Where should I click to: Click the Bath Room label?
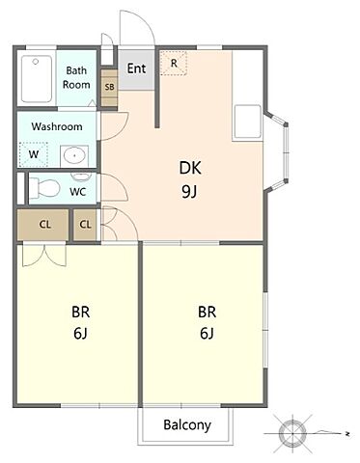(76, 77)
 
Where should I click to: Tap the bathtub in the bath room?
(37, 79)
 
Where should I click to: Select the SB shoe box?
(109, 87)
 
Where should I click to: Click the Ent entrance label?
(136, 68)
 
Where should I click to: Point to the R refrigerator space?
(174, 64)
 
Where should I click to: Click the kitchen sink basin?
(248, 122)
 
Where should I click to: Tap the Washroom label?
(57, 126)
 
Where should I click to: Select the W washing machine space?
(34, 154)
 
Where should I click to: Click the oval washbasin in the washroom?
(74, 156)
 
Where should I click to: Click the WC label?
(78, 192)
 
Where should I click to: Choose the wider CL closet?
(42, 225)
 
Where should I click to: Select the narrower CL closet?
(85, 225)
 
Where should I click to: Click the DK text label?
(190, 168)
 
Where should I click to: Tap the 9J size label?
(189, 192)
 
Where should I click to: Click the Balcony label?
(187, 425)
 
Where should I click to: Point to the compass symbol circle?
(292, 434)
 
